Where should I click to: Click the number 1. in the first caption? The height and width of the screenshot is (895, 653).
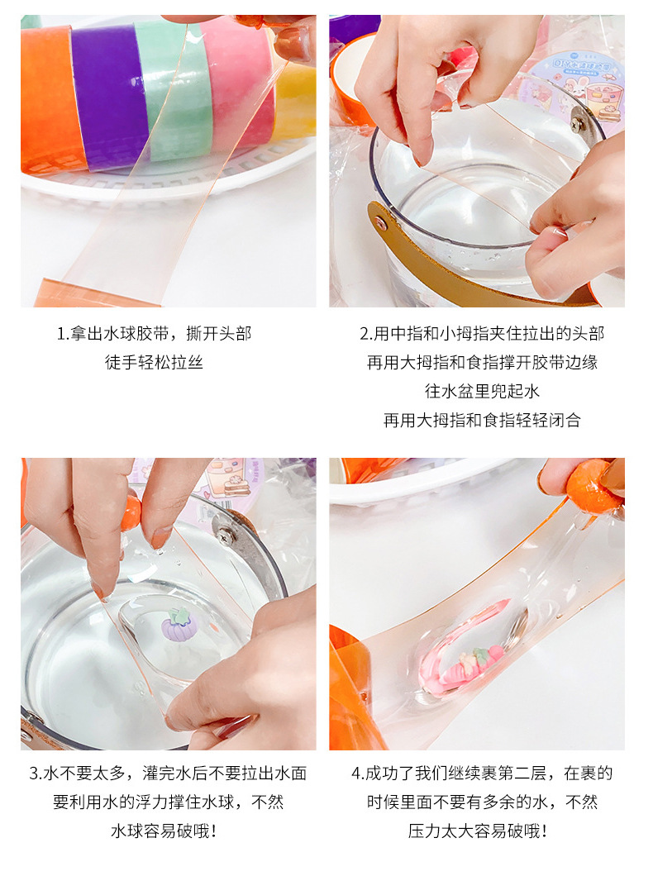(63, 333)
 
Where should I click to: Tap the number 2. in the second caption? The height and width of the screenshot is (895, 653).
(366, 333)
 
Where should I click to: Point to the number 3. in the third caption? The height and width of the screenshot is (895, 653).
(36, 773)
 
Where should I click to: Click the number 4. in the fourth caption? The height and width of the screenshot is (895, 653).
(358, 773)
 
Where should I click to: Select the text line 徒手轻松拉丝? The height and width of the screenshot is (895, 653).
(154, 362)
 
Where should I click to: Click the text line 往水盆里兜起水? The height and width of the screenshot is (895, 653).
(482, 391)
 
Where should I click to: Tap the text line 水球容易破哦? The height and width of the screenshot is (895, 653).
(164, 831)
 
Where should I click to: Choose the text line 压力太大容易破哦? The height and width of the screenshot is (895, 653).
(477, 831)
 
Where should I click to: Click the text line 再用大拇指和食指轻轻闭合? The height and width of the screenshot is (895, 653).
(482, 420)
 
